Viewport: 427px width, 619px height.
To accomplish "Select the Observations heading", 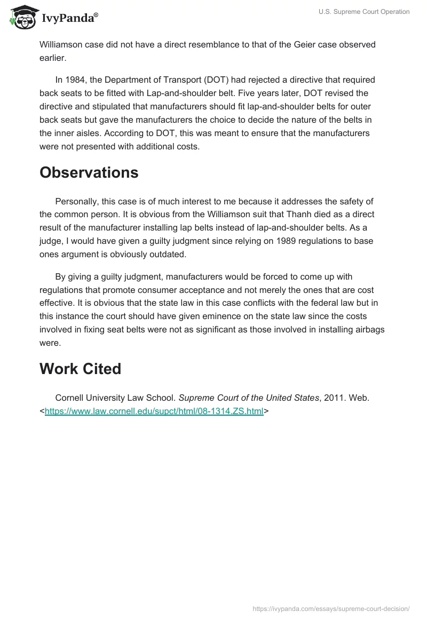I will pyautogui.click(x=89, y=172).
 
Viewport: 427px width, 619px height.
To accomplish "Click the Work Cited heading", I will pyautogui.click(x=80, y=369).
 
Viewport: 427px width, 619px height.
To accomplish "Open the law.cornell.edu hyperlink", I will pyautogui.click(x=154, y=411).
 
